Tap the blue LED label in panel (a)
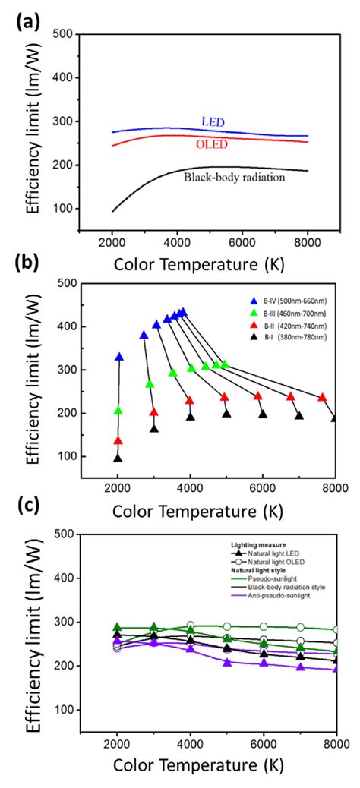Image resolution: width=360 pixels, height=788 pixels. pos(213,121)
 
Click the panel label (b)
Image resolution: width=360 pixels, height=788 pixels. pos(28,267)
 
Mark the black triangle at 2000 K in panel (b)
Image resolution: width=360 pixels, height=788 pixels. pos(118,458)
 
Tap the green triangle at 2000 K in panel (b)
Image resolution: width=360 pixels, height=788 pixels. pos(118,411)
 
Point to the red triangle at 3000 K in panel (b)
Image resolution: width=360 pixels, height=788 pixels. pos(153,412)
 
